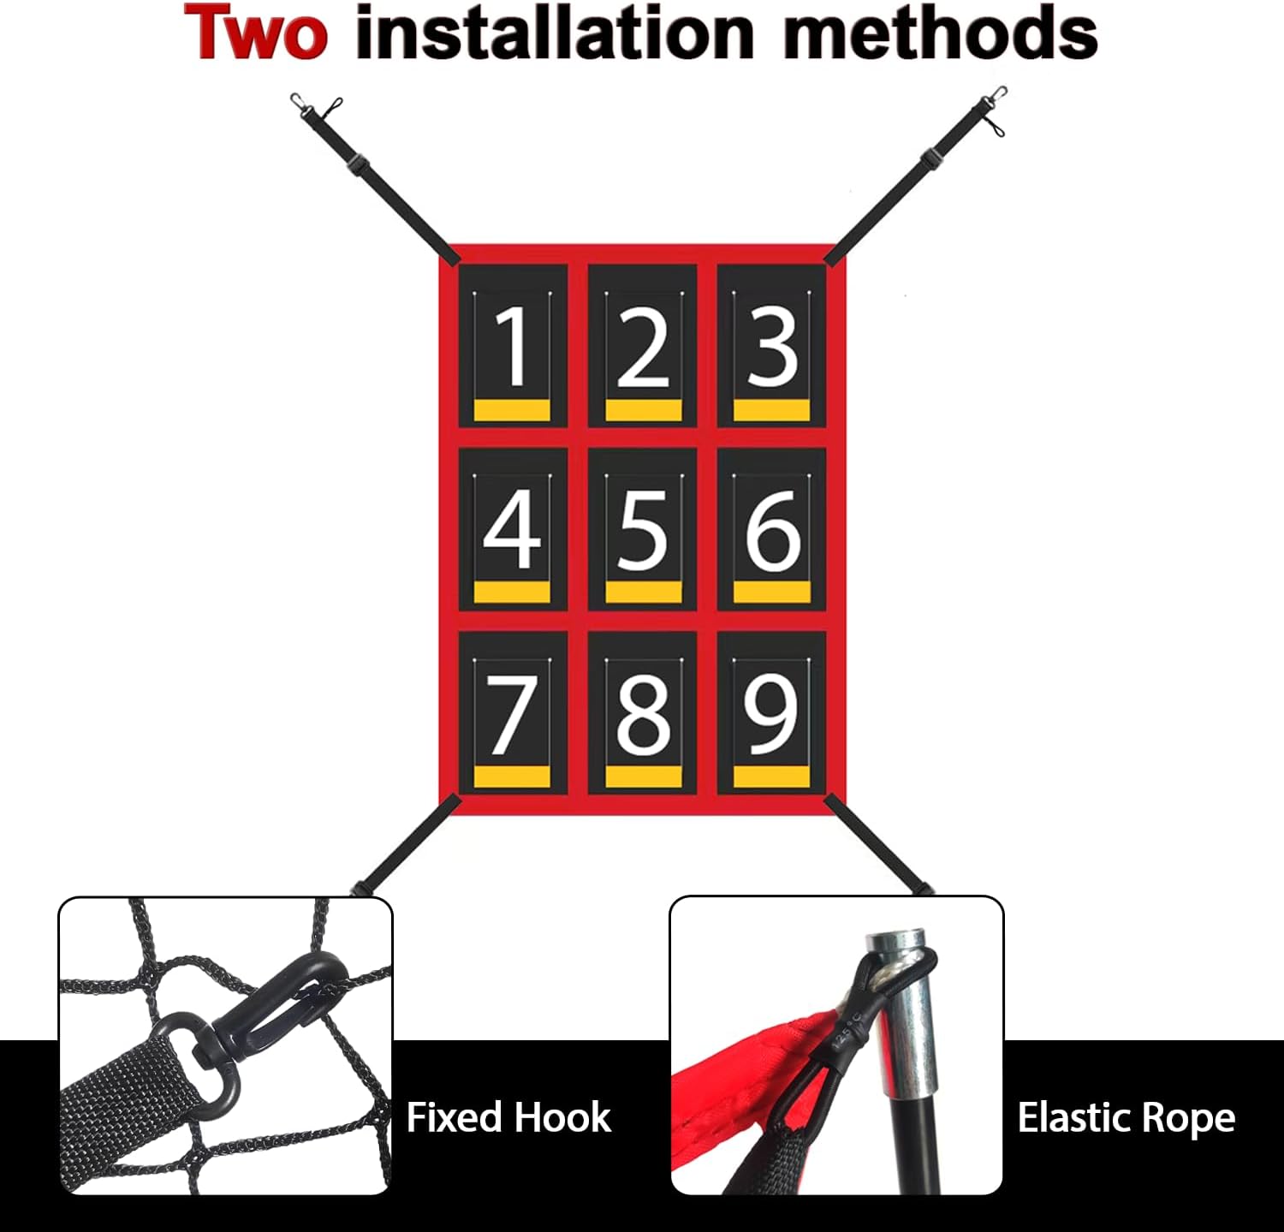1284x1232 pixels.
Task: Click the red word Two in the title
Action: [255, 33]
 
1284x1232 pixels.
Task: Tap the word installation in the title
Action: [555, 33]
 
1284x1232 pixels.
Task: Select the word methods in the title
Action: [941, 33]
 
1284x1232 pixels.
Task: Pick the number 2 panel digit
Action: [642, 346]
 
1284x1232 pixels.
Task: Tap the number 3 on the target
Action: [772, 346]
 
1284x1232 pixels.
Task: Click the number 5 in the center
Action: [642, 531]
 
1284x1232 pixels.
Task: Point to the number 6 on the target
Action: [772, 531]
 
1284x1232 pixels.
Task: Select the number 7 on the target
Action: [511, 714]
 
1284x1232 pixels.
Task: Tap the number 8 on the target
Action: [643, 714]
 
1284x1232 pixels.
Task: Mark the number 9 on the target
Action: [771, 714]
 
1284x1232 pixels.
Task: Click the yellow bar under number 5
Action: [643, 592]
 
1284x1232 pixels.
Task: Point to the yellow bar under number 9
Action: [771, 777]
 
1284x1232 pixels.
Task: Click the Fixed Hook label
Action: [508, 1117]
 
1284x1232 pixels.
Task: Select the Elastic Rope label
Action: [1126, 1117]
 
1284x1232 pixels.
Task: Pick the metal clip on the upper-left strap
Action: [316, 106]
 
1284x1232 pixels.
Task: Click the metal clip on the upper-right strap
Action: [993, 107]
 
